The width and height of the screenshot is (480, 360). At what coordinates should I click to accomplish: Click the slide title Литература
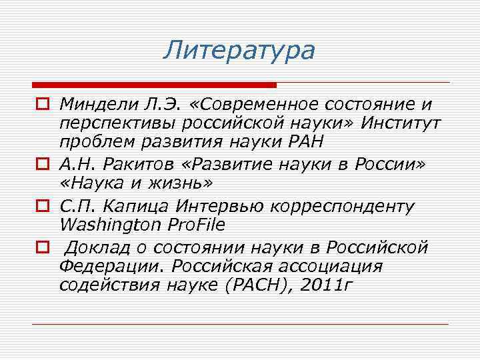tap(239, 50)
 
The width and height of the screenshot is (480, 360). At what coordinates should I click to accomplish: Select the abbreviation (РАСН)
tap(254, 285)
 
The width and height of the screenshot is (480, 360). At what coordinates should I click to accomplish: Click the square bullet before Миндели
tap(41, 105)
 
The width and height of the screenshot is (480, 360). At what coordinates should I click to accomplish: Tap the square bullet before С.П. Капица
tap(41, 205)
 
